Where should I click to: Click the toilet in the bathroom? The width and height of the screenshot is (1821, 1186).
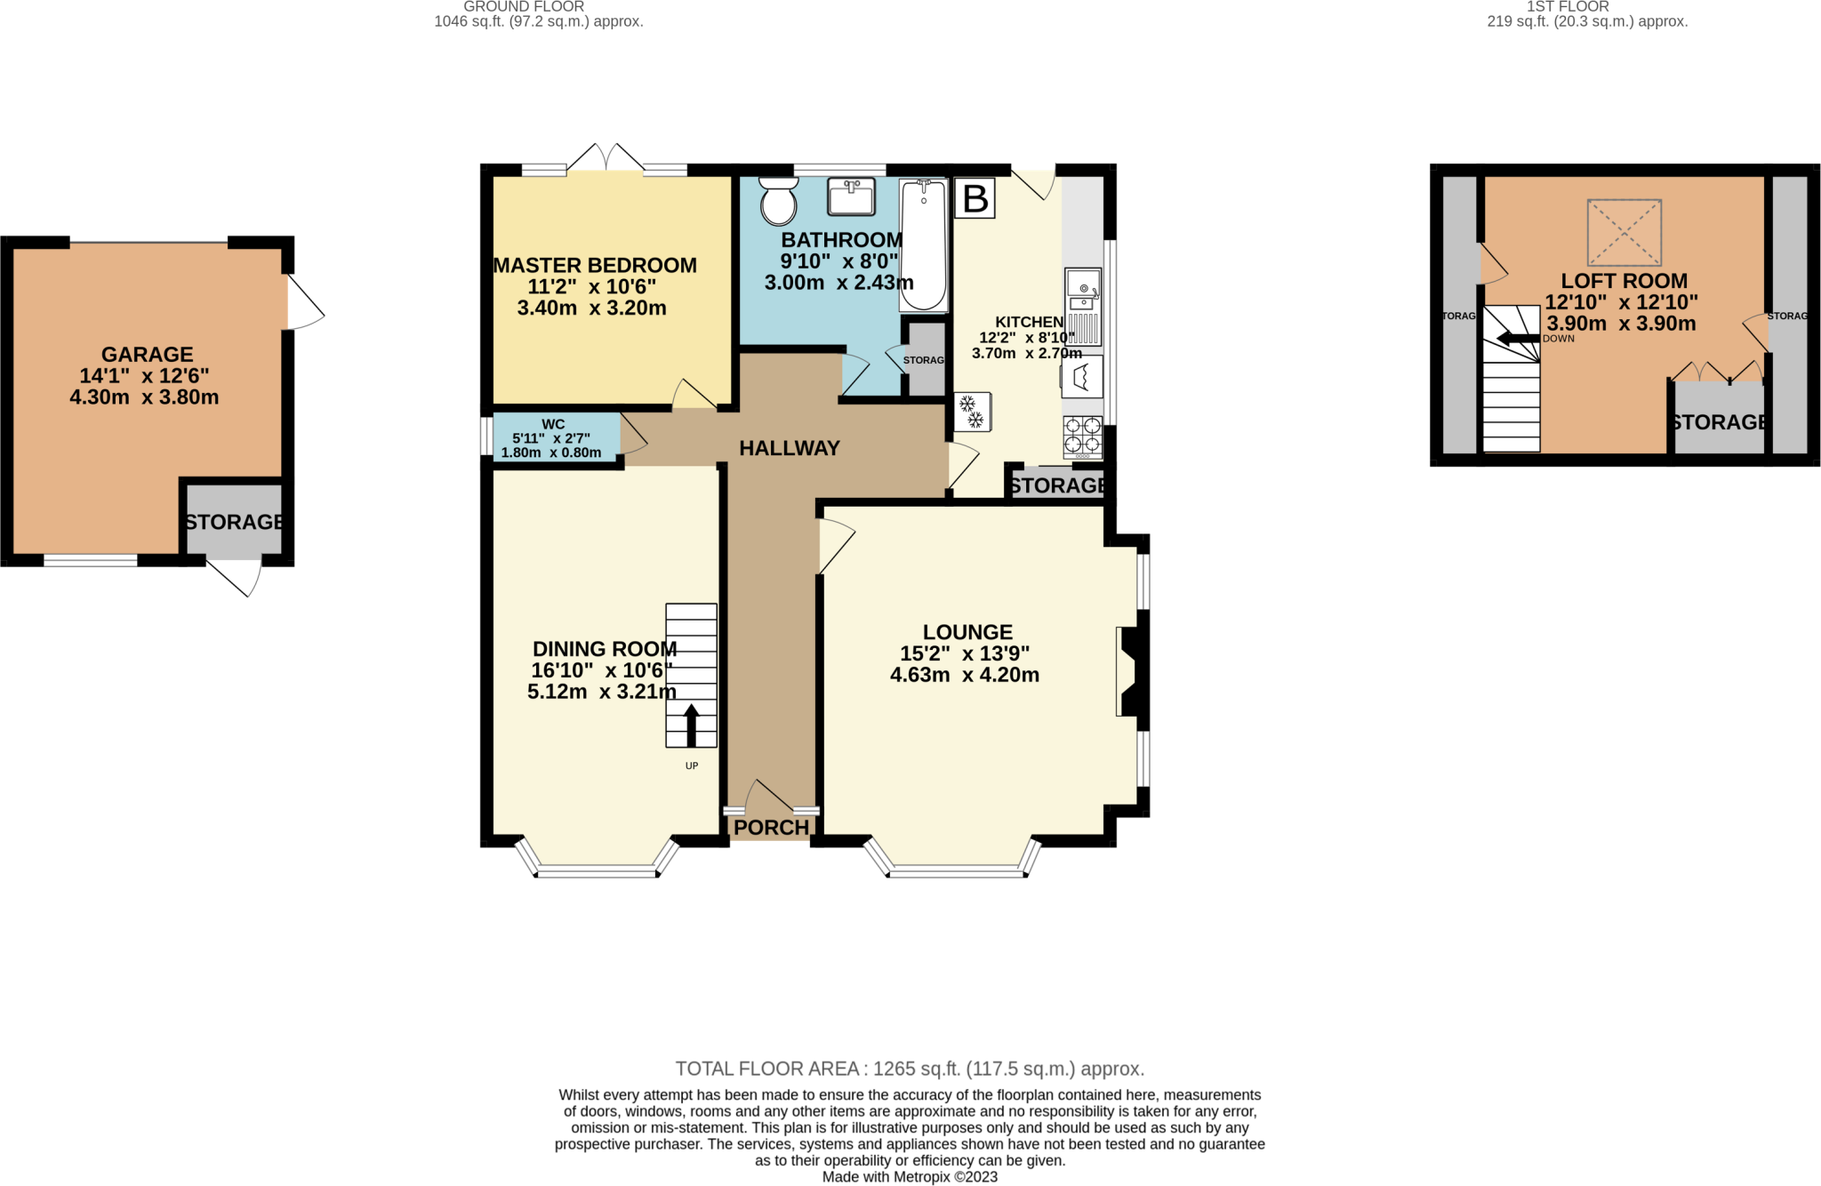pyautogui.click(x=779, y=202)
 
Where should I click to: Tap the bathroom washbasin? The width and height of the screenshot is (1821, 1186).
pyautogui.click(x=851, y=196)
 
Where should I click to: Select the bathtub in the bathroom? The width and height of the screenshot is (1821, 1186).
pyautogui.click(x=923, y=245)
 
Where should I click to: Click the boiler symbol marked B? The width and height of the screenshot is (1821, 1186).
pyautogui.click(x=975, y=199)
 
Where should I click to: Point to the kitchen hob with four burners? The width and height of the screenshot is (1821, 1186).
pyautogui.click(x=1082, y=436)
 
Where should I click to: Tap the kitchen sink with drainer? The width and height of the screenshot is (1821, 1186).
pyautogui.click(x=1083, y=306)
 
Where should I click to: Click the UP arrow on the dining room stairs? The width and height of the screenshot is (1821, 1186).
pyautogui.click(x=691, y=725)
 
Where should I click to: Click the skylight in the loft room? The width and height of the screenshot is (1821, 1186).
pyautogui.click(x=1624, y=232)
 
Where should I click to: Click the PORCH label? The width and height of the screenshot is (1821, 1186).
pyautogui.click(x=771, y=828)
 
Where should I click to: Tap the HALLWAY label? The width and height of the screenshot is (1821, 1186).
pyautogui.click(x=790, y=448)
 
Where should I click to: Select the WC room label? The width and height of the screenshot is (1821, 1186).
pyautogui.click(x=553, y=425)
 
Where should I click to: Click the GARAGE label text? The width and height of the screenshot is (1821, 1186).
pyautogui.click(x=147, y=355)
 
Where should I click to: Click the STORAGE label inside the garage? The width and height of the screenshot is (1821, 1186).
pyautogui.click(x=235, y=522)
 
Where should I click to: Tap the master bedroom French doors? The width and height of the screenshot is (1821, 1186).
pyautogui.click(x=606, y=159)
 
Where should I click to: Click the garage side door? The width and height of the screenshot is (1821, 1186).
pyautogui.click(x=304, y=304)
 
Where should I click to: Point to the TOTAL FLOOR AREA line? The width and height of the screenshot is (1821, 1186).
pyautogui.click(x=910, y=1069)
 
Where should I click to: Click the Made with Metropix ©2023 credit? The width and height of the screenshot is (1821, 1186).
pyautogui.click(x=910, y=1177)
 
